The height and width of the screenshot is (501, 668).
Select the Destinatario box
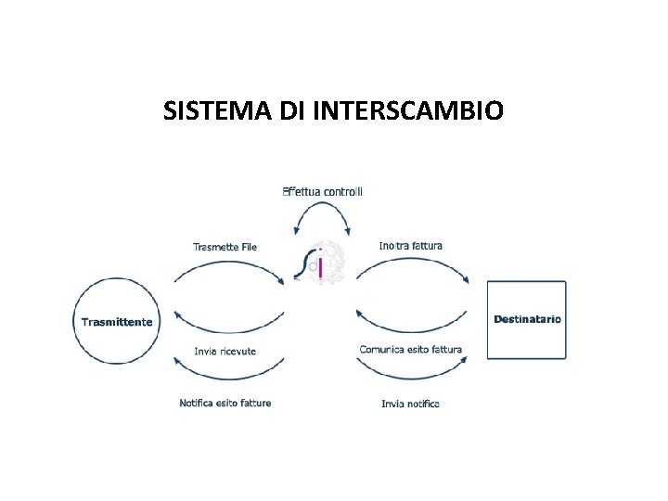(526, 319)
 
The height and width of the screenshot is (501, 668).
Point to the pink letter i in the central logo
(320, 265)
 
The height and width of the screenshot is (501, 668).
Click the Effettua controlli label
(322, 191)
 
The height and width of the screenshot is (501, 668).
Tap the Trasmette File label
(225, 247)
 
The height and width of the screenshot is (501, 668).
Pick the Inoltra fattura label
(411, 246)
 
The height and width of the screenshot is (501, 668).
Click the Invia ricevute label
(225, 351)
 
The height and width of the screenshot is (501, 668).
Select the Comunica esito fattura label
(410, 350)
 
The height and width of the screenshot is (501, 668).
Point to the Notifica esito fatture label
(225, 403)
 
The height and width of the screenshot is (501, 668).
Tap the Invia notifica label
(410, 404)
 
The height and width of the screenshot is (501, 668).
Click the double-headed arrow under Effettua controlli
(322, 212)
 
